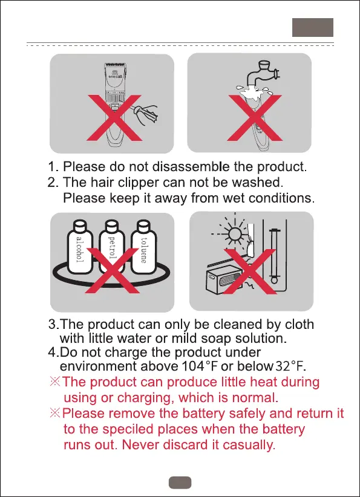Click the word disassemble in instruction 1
pyautogui.click(x=191, y=166)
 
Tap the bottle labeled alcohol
pyautogui.click(x=80, y=247)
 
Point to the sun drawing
pyautogui.click(x=234, y=235)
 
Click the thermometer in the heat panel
pyautogui.click(x=274, y=256)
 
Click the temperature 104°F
pyautogui.click(x=200, y=366)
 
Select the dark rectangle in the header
pyautogui.click(x=313, y=27)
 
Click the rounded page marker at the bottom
pyautogui.click(x=180, y=482)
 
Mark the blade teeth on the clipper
pyautogui.click(x=116, y=65)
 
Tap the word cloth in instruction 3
pyautogui.click(x=299, y=324)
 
